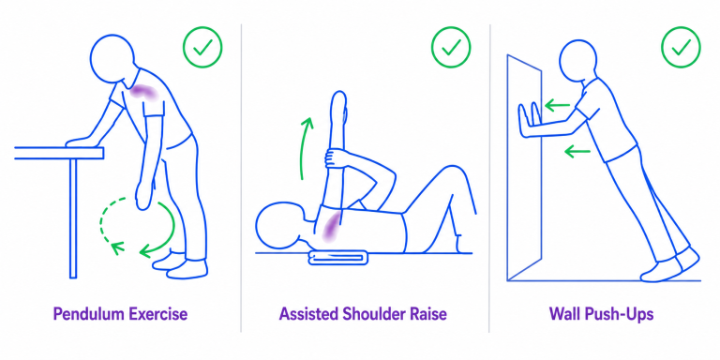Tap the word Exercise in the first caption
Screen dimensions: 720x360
pyautogui.click(x=157, y=315)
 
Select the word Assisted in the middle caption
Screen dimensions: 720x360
pyautogui.click(x=309, y=315)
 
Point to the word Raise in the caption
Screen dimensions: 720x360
pyautogui.click(x=429, y=315)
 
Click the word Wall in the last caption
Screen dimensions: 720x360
pyautogui.click(x=565, y=315)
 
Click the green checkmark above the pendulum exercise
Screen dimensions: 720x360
pyautogui.click(x=202, y=47)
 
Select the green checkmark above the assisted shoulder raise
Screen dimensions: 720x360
pyautogui.click(x=451, y=47)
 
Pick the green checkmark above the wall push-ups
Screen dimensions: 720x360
pyautogui.click(x=681, y=47)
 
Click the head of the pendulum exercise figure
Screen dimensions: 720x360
pyautogui.click(x=112, y=58)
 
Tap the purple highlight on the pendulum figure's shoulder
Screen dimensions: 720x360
pyautogui.click(x=143, y=92)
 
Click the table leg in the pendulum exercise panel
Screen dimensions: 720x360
pyautogui.click(x=73, y=218)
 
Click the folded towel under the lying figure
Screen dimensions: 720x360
pyautogui.click(x=338, y=258)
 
